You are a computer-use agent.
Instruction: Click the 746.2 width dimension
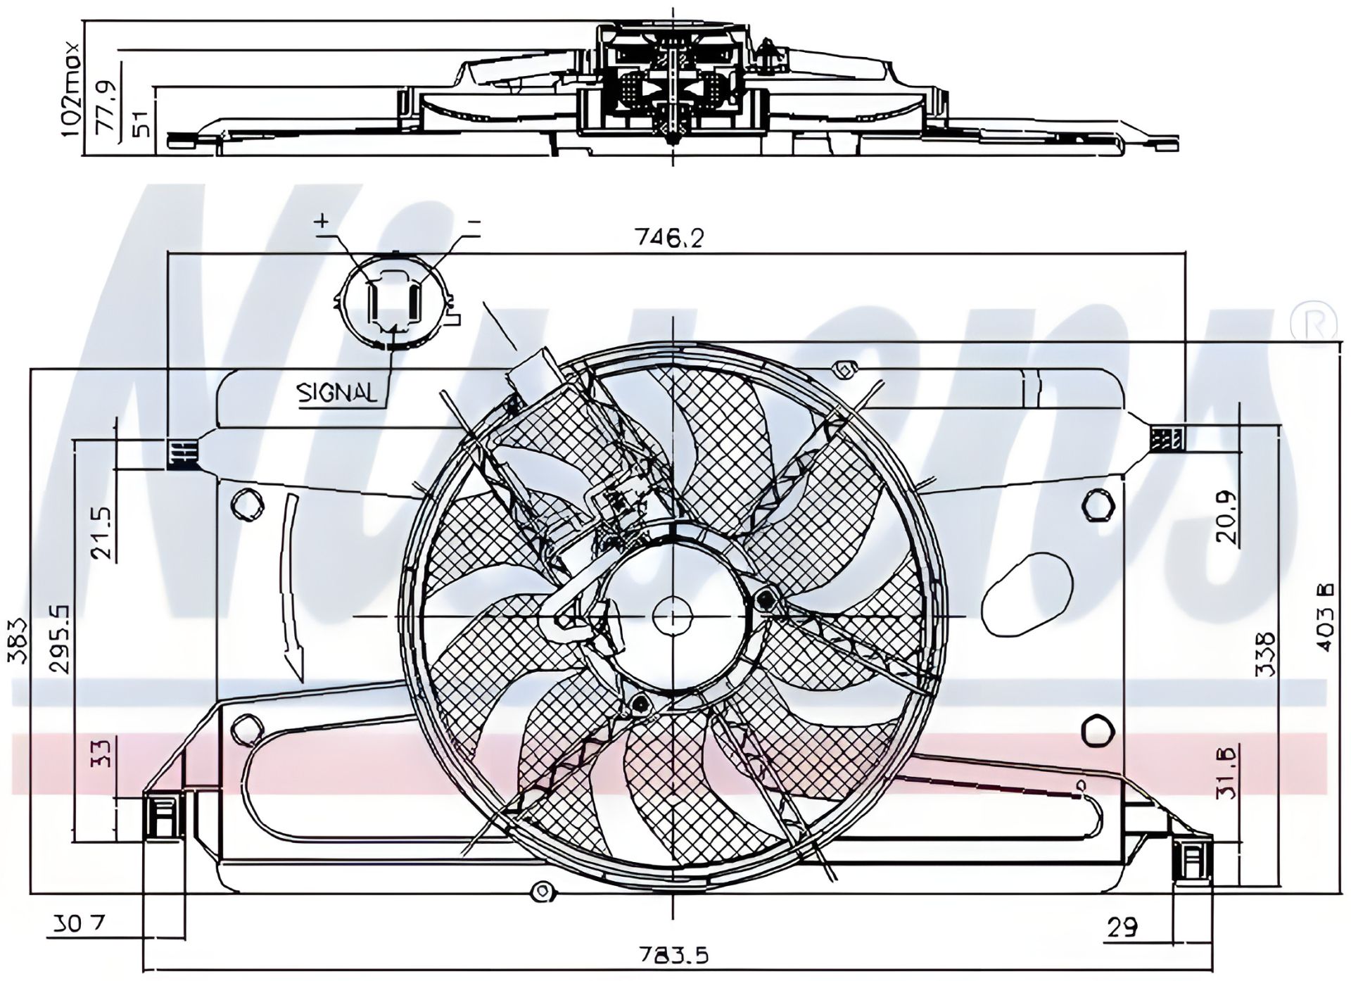669,239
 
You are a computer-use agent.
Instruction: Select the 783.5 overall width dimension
673,956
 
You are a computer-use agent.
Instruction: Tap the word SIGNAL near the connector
337,393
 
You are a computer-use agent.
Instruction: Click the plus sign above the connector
322,221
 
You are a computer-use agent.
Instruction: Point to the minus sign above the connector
474,222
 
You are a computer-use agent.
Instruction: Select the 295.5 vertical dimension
61,638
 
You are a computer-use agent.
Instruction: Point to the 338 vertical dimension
1265,654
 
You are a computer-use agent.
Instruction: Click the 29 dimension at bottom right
1122,927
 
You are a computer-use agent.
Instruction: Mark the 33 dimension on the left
102,753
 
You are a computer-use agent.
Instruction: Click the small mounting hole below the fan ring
542,892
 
